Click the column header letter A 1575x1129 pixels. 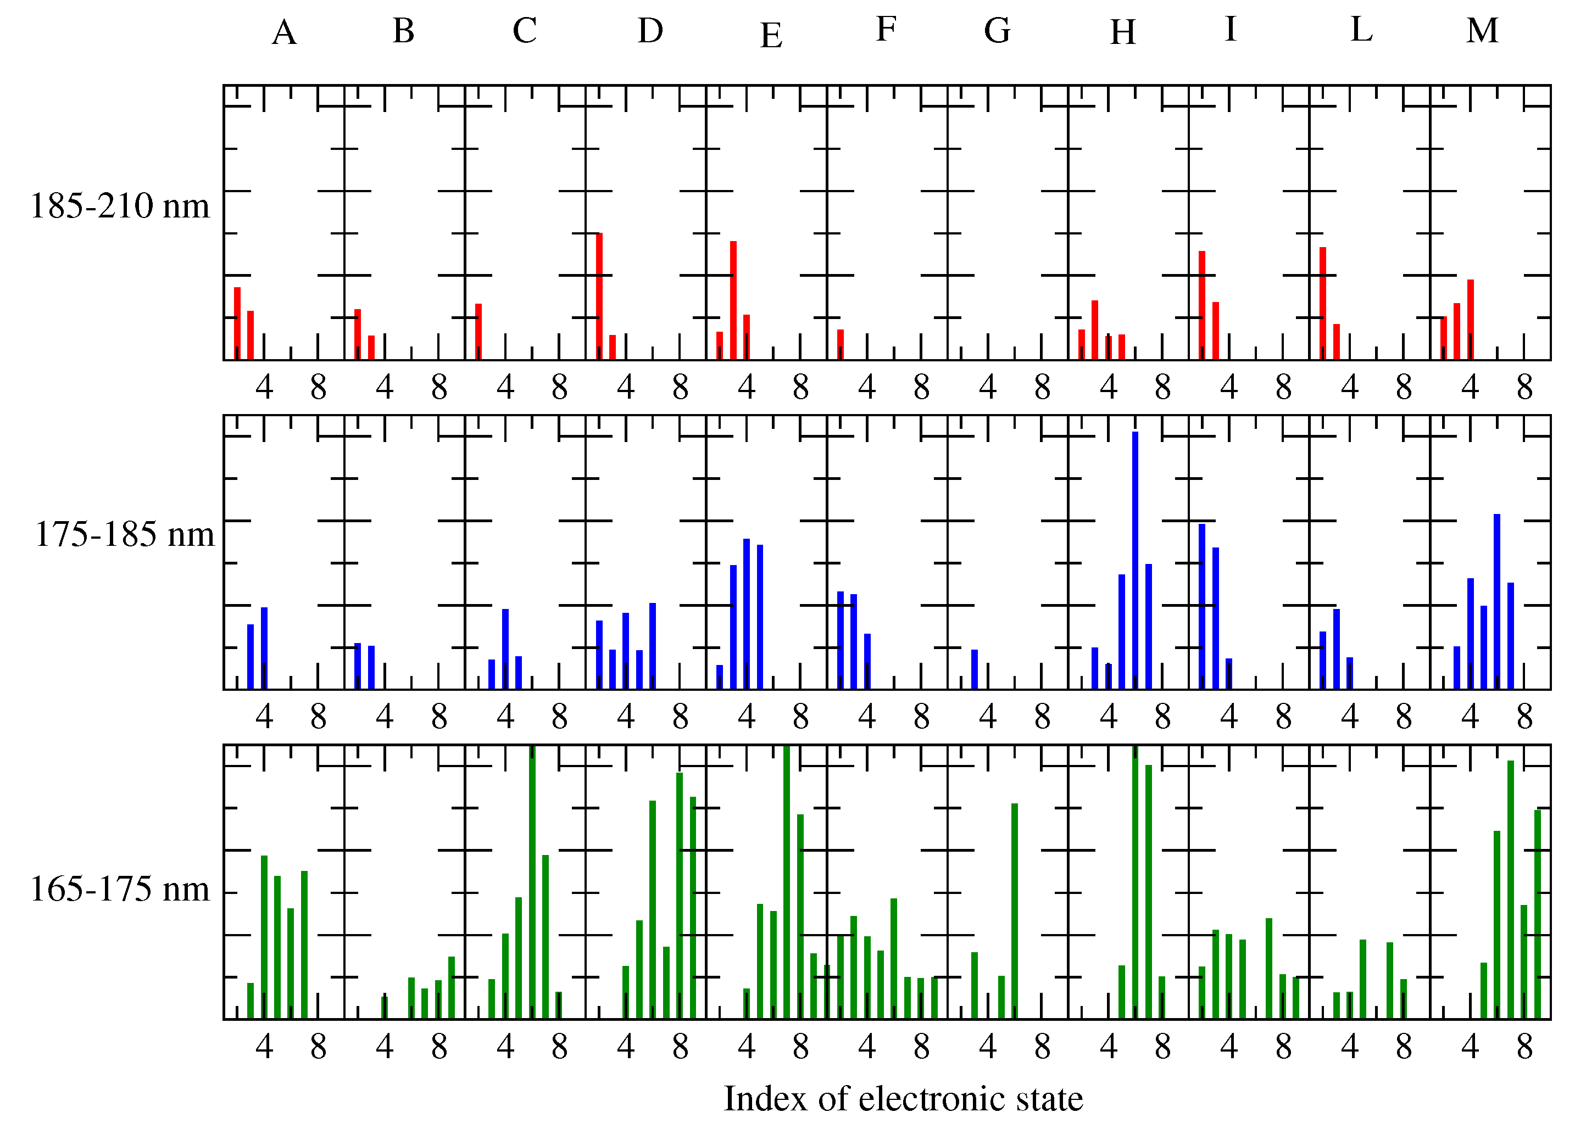[x=284, y=32]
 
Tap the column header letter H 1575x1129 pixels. [x=1122, y=32]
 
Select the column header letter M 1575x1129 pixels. [x=1482, y=31]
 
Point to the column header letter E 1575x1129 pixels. [x=771, y=35]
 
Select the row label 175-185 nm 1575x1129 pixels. [x=124, y=535]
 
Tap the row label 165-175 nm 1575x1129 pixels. [x=119, y=890]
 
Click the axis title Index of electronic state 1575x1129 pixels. [x=903, y=1098]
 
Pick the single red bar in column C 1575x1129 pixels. [x=478, y=331]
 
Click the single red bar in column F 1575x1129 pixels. [x=841, y=344]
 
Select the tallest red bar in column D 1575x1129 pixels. [x=599, y=296]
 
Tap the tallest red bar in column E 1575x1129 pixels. [x=733, y=300]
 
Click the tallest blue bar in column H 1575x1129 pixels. [x=1135, y=560]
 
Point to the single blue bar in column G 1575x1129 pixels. [x=975, y=669]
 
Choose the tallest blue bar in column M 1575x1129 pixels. [x=1496, y=601]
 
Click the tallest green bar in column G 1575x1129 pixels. [x=1015, y=911]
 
